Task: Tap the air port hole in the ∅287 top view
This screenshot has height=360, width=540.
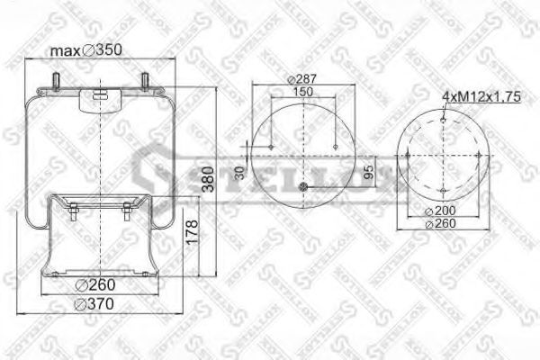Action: point(303,187)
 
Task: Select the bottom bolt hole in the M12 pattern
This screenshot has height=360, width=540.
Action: point(446,192)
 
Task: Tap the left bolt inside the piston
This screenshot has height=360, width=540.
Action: point(72,212)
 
